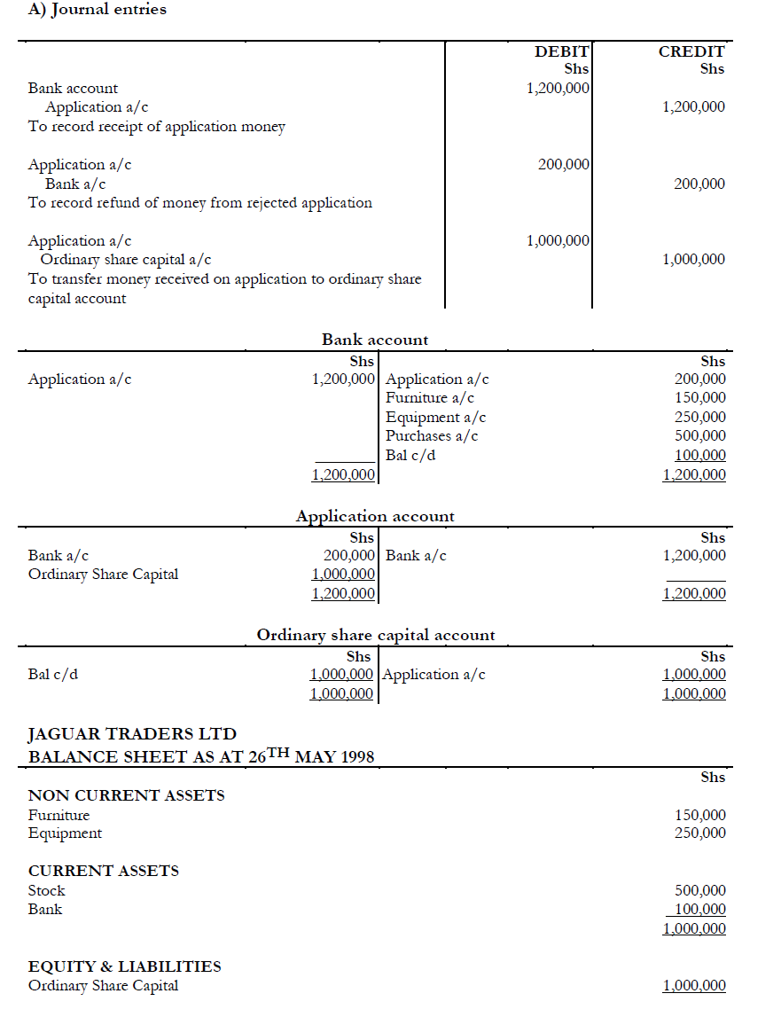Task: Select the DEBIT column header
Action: pos(562,51)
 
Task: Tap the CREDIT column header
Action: pos(691,51)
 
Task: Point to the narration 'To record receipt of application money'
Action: pos(157,126)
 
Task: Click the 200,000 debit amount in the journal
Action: pos(564,164)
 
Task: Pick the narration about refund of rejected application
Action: pos(199,202)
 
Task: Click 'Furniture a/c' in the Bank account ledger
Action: pos(429,398)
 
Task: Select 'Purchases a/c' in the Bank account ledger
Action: pos(432,435)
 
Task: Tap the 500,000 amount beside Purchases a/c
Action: pos(700,435)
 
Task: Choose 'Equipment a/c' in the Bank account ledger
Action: pos(435,417)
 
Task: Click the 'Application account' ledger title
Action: pos(375,516)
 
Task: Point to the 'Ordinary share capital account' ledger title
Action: pos(376,635)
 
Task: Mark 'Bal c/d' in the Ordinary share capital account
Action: pos(53,674)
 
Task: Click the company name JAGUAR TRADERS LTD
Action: pos(132,734)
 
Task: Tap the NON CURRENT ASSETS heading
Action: pos(126,795)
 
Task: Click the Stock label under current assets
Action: pos(47,890)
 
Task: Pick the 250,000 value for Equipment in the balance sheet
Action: pos(700,833)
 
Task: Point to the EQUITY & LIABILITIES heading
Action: pos(124,966)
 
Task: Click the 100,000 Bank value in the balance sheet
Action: pos(700,910)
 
